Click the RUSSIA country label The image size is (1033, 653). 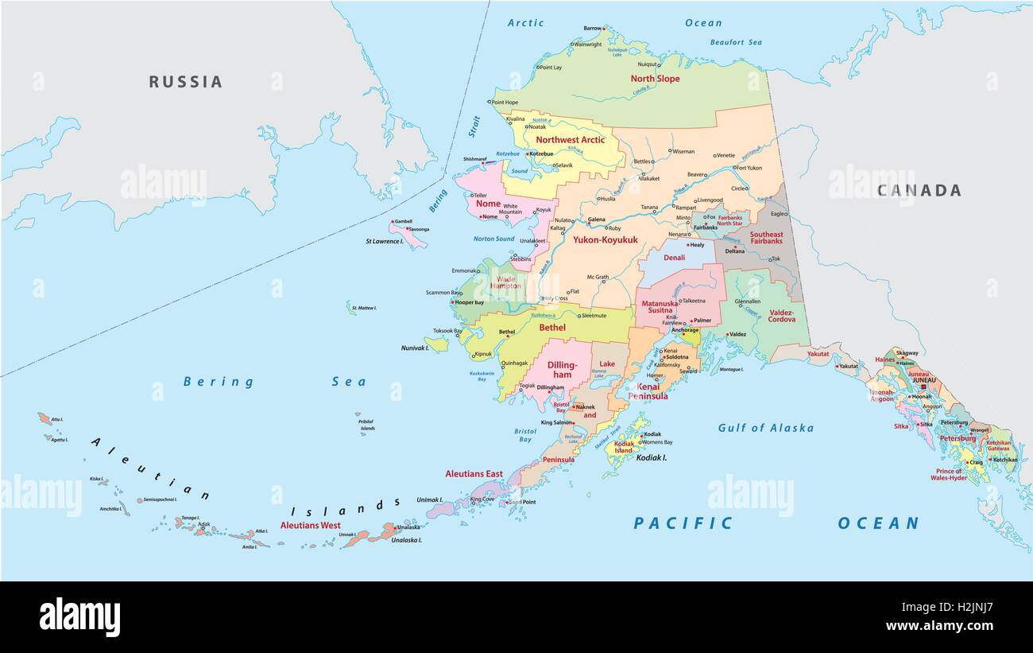(185, 81)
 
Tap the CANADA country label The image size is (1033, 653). (919, 190)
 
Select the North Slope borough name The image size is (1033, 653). (655, 79)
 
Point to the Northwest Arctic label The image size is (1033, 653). (570, 140)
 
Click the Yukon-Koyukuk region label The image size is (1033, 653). (605, 239)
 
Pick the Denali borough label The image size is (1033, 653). (674, 258)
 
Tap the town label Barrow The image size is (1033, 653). (592, 29)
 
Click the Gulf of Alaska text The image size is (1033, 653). (765, 428)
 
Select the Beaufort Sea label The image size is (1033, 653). (735, 42)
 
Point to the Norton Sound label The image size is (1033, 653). (493, 239)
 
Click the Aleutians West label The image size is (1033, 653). (310, 526)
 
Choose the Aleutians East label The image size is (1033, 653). (474, 474)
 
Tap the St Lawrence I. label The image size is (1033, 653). (384, 241)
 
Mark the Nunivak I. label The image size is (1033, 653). (414, 348)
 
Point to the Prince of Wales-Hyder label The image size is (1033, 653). (950, 475)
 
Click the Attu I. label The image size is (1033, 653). (56, 419)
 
